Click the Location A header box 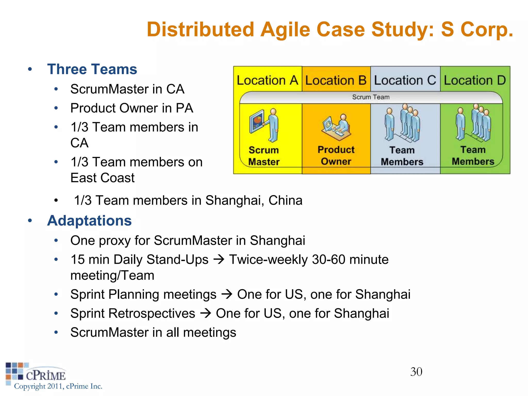(267, 80)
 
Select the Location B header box (336, 80)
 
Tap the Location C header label (405, 80)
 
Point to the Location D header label (475, 80)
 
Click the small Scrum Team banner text (371, 97)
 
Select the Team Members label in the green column (473, 155)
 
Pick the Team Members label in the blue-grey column (402, 156)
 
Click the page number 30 (416, 372)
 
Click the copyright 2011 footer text (58, 386)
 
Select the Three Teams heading (92, 69)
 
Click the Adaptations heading (89, 221)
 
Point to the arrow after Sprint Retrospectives (206, 313)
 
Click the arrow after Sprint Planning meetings (227, 294)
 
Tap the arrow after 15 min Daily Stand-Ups (219, 259)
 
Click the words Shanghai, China (254, 200)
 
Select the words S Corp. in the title (477, 29)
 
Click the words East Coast (102, 178)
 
